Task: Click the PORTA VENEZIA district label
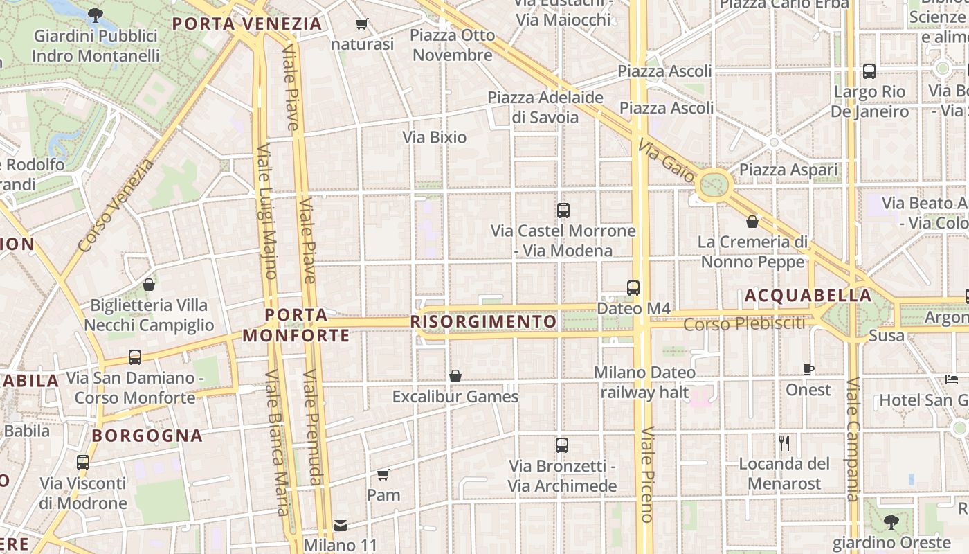coord(247,24)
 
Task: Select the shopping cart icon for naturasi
coord(361,25)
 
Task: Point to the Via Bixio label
coord(435,137)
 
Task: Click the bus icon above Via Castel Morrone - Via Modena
coord(563,210)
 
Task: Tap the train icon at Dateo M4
coord(633,287)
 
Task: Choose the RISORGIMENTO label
coord(483,322)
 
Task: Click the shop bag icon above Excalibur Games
coord(455,376)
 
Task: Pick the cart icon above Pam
coord(383,474)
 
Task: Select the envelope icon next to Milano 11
coord(340,526)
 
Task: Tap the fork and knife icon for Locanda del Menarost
coord(784,443)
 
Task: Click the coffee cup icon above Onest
coord(808,369)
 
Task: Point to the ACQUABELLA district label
coord(808,296)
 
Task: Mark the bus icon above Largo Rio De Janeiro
coord(869,71)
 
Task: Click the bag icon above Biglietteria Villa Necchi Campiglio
coord(148,285)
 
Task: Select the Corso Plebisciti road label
coord(744,323)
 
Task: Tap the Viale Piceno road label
coord(646,474)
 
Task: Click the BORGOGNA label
coord(147,436)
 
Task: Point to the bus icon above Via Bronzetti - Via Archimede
coord(562,445)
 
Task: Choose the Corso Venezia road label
coord(115,206)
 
